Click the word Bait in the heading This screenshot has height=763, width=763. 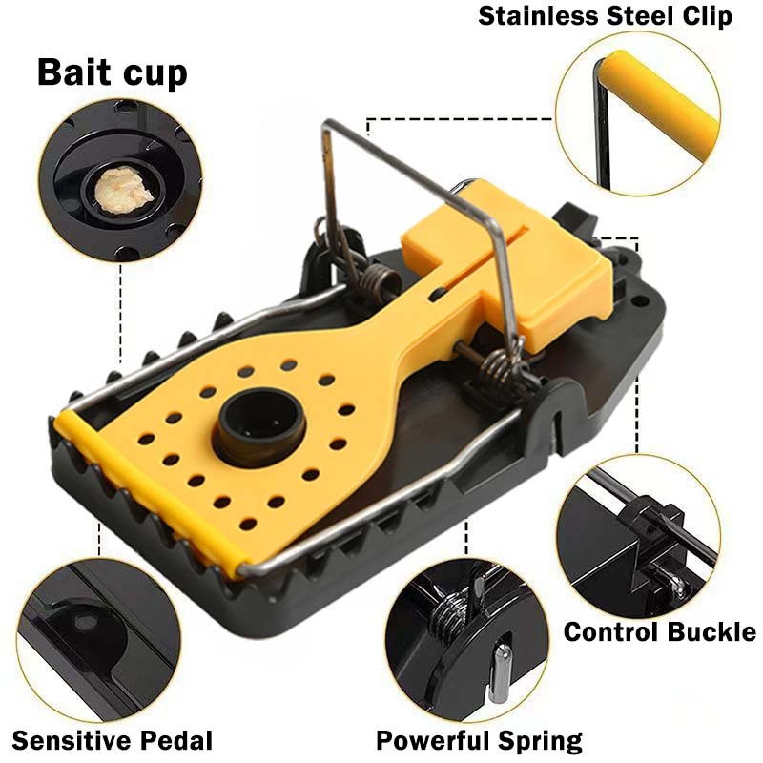point(75,72)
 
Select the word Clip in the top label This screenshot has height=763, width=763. point(707,16)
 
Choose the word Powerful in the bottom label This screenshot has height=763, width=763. point(435,741)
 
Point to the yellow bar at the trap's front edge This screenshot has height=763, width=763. point(148,491)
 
